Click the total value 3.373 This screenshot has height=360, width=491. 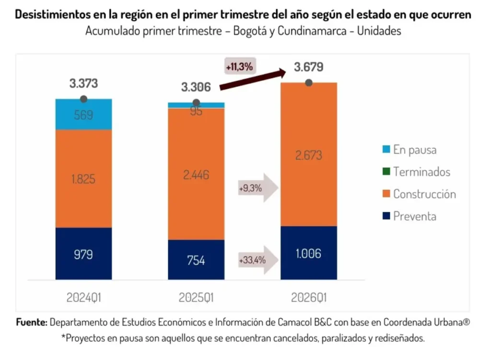83,83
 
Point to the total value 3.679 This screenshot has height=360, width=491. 308,67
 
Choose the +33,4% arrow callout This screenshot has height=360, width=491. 257,260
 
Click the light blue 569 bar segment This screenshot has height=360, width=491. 83,116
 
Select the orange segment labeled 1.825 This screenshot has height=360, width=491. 83,179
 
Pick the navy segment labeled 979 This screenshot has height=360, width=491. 83,254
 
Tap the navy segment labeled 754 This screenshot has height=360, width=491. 196,260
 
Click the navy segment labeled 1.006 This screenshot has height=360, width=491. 308,254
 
